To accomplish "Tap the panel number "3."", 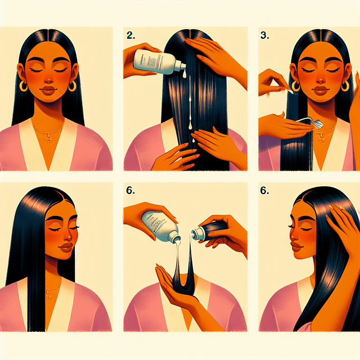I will coord(264,34).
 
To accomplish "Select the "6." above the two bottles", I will coord(130,191).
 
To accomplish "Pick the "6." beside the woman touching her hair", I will coord(264,191).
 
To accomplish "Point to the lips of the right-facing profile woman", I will coord(67,247).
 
